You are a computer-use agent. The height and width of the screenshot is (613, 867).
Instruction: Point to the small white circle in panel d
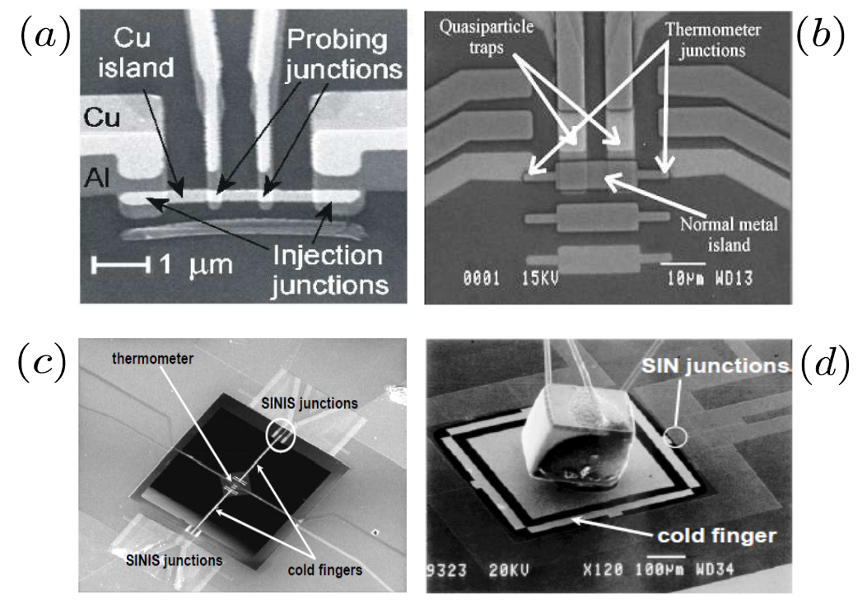(x=678, y=437)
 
